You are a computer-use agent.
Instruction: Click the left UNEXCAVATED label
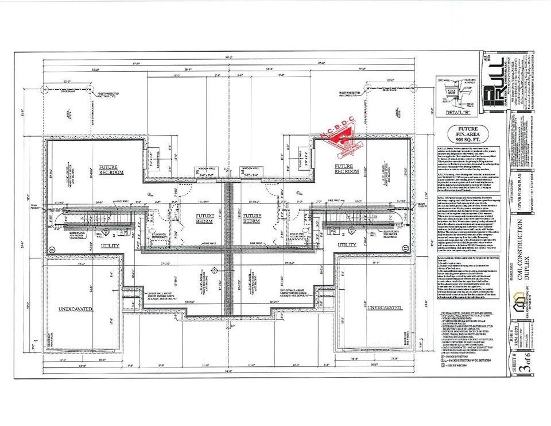tap(76, 309)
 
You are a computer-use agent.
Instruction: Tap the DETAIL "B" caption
tap(453, 113)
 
